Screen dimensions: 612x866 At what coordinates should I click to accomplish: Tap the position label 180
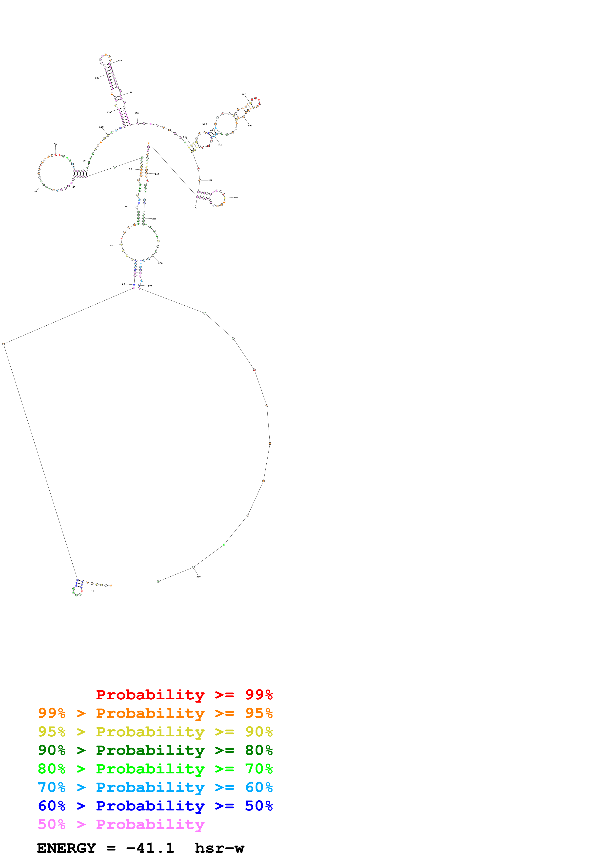pyautogui.click(x=244, y=94)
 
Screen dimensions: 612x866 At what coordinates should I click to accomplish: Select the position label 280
pyautogui.click(x=198, y=577)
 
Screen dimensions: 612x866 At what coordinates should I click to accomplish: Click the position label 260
pyautogui.click(x=160, y=263)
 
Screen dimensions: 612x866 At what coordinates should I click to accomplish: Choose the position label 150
pyautogui.click(x=137, y=113)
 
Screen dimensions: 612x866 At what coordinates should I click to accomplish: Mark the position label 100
pyautogui.click(x=101, y=127)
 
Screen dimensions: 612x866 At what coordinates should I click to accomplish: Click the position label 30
pyautogui.click(x=111, y=246)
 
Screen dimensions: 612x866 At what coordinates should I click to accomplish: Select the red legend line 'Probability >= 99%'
pyautogui.click(x=184, y=694)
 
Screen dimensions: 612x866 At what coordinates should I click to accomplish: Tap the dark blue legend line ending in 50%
pyautogui.click(x=155, y=806)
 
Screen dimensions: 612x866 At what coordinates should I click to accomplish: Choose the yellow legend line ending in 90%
pyautogui.click(x=155, y=731)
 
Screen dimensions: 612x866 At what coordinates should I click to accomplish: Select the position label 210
pyautogui.click(x=210, y=180)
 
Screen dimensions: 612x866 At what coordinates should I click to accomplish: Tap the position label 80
pyautogui.click(x=55, y=144)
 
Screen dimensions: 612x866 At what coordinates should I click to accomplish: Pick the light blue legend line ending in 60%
pyautogui.click(x=155, y=787)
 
